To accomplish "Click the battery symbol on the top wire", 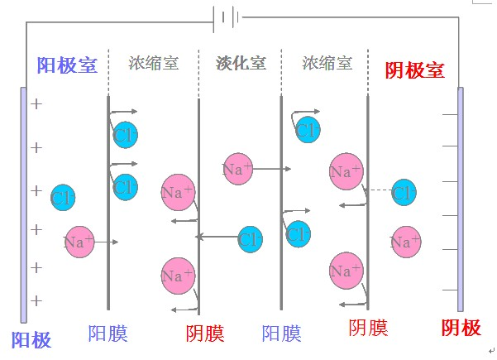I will [226, 17].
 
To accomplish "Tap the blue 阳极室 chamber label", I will [68, 66].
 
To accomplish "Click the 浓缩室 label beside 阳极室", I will [154, 63].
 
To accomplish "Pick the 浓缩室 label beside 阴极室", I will [327, 63].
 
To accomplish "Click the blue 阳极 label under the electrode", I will [31, 339].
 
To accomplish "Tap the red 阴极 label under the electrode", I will [461, 328].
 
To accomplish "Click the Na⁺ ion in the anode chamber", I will [79, 242].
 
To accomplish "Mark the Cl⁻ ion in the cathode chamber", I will [404, 193].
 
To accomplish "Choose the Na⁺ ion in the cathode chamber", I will [404, 242].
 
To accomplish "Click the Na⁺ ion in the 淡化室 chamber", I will [237, 169].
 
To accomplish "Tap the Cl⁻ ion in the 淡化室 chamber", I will [250, 239].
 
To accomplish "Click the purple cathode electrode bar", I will [461, 199].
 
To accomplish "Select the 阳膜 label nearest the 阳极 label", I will [108, 334].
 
